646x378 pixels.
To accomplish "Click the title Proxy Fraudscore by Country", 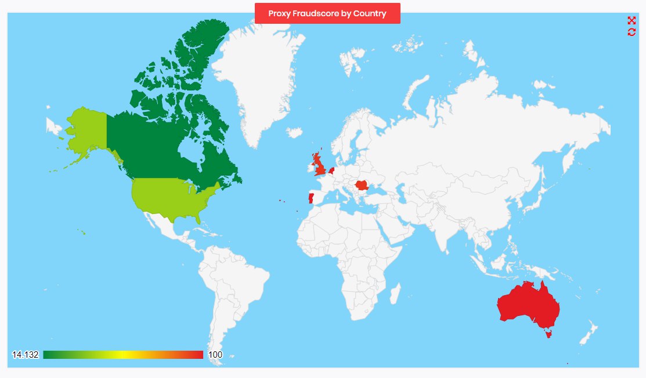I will tap(327, 13).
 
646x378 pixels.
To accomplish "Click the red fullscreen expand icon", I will tap(631, 21).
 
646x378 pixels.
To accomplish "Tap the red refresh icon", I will tap(631, 32).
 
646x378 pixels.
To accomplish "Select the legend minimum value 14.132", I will tap(25, 355).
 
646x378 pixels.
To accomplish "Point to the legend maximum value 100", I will tap(215, 355).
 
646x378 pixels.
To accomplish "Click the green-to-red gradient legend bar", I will tap(123, 355).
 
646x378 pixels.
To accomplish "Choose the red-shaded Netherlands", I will tap(331, 170).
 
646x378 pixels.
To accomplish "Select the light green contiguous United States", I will tap(171, 197).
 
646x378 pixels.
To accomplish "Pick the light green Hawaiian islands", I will tap(82, 232).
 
